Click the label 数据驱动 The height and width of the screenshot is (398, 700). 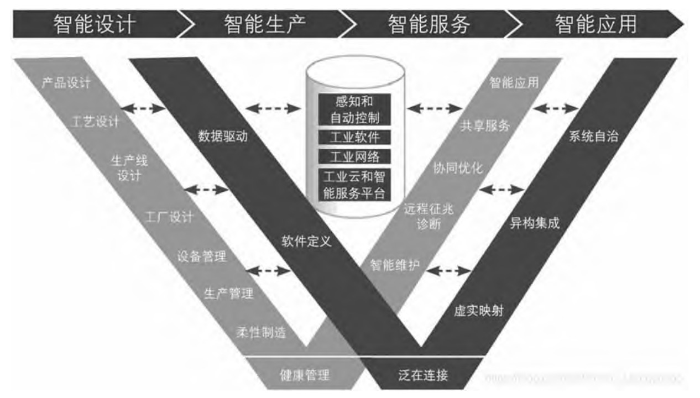point(223,137)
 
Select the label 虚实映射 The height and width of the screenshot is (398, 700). point(479,310)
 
